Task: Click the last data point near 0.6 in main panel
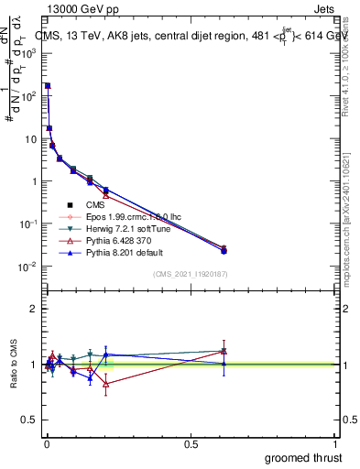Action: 224,249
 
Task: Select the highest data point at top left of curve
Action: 48,85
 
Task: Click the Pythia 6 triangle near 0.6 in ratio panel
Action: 224,351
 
